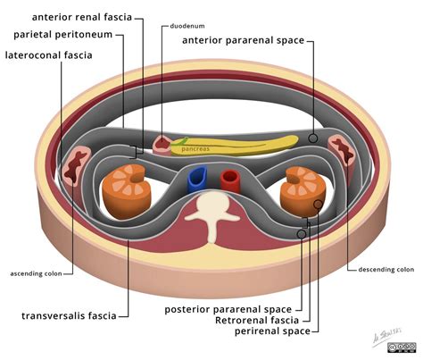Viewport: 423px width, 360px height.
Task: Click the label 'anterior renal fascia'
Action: (87, 17)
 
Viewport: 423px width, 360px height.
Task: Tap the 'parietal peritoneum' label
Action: (69, 35)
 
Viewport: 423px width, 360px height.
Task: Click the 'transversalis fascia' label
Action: (72, 315)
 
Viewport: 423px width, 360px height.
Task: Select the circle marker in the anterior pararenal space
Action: (313, 138)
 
